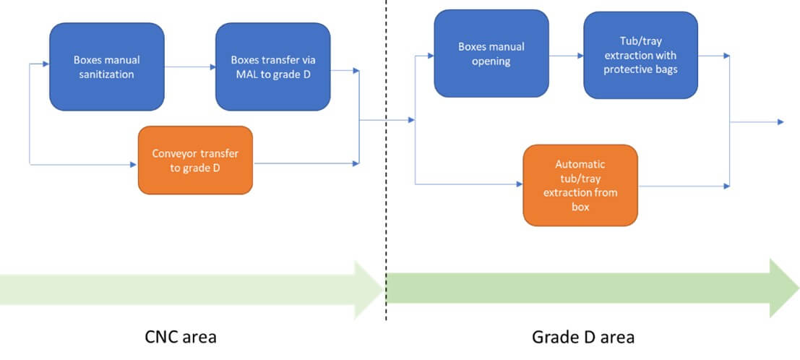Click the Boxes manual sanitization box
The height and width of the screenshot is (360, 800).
click(106, 67)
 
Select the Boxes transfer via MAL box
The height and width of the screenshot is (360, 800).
click(272, 67)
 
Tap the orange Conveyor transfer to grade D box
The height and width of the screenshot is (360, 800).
click(195, 160)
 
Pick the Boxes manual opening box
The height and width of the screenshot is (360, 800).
click(491, 53)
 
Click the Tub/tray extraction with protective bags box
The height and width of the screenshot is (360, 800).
click(640, 54)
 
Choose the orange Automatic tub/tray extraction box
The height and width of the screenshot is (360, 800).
click(580, 184)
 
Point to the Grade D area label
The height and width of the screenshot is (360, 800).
click(583, 337)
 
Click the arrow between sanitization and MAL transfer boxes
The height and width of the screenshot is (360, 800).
click(189, 67)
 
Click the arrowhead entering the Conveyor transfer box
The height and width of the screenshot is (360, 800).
click(134, 165)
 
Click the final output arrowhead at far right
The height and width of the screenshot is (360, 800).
click(780, 122)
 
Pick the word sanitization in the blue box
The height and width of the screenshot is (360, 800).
click(106, 74)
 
